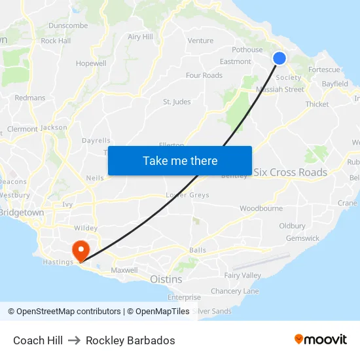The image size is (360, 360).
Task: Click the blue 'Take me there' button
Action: (180, 160)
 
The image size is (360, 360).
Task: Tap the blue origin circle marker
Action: (279, 58)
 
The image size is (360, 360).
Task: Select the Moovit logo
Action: (321, 340)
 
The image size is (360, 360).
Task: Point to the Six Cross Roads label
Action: (290, 172)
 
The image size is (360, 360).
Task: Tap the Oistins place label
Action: (166, 279)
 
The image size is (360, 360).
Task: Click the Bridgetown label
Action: (22, 213)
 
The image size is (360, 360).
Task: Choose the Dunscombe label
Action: (68, 26)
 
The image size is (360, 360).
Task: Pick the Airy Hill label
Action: (140, 37)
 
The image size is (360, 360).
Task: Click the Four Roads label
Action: (204, 75)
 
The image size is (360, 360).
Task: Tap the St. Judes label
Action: (177, 101)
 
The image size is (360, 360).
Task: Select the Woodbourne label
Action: (261, 208)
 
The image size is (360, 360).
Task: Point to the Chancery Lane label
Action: (234, 291)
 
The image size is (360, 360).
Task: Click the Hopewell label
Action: (91, 63)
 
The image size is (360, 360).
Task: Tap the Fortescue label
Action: (324, 69)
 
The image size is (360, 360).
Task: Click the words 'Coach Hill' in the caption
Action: (38, 340)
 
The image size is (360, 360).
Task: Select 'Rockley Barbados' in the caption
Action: (130, 340)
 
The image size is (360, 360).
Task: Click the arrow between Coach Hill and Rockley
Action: (74, 340)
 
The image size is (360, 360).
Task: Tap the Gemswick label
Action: (302, 238)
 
